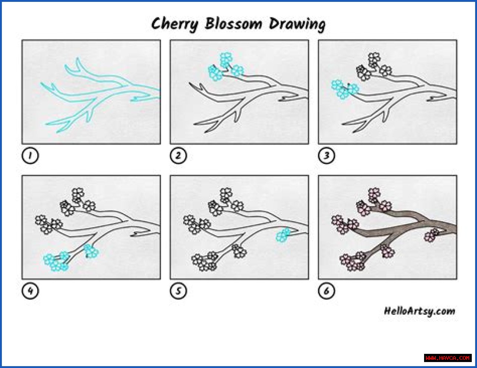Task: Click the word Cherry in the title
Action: [x=175, y=25]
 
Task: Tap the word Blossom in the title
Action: [x=234, y=23]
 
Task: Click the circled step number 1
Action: [x=30, y=155]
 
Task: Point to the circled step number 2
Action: [x=178, y=155]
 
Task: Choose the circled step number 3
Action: [x=326, y=155]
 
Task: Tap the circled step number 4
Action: [x=30, y=291]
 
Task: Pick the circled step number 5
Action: [x=178, y=291]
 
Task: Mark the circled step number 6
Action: [x=326, y=291]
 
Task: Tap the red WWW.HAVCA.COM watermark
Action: [x=448, y=358]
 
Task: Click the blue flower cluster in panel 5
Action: [x=283, y=235]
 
